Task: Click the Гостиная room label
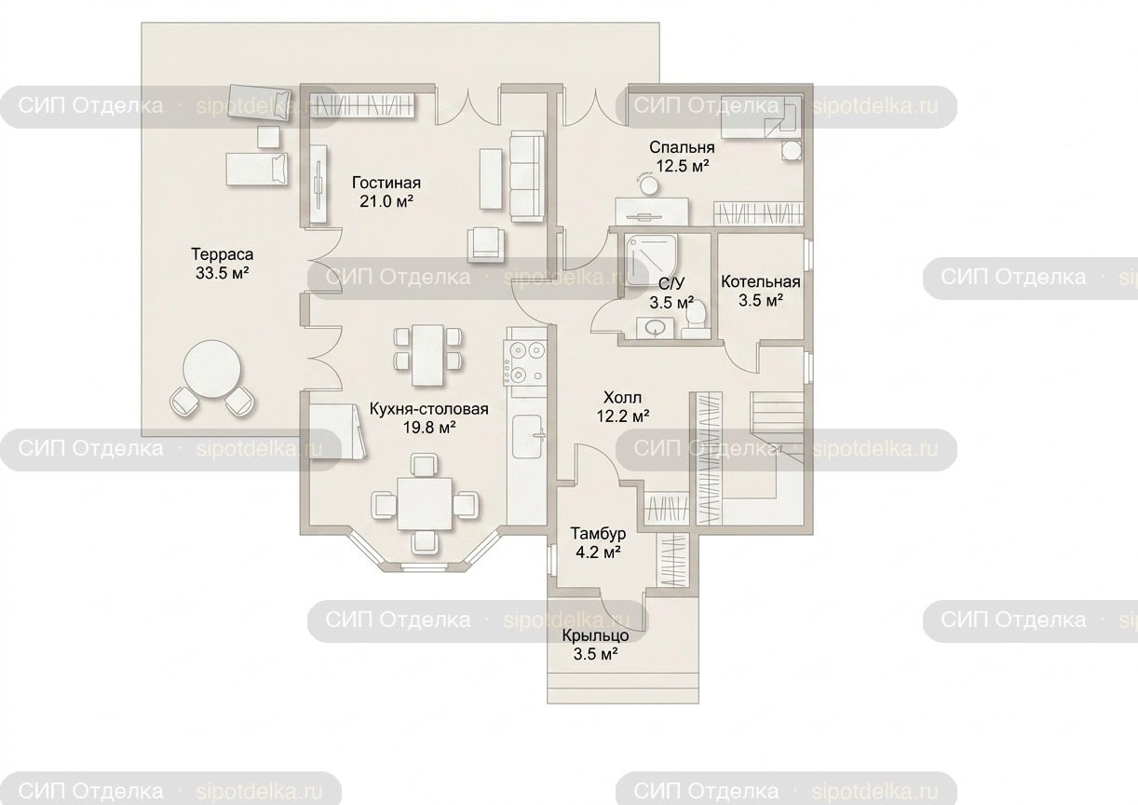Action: (386, 183)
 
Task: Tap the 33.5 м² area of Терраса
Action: (222, 273)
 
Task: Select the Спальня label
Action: (682, 147)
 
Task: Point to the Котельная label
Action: (761, 281)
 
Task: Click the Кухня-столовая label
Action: (428, 409)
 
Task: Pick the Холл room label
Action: (622, 397)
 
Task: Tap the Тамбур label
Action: (598, 533)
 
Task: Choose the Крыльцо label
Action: (595, 635)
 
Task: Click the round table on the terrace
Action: (212, 368)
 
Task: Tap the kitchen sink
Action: (527, 436)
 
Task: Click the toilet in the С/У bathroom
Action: (696, 320)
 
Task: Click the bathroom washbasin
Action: (656, 328)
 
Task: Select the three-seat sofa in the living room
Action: (526, 176)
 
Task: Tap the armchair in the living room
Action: (487, 244)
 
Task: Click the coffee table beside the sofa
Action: (491, 178)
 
